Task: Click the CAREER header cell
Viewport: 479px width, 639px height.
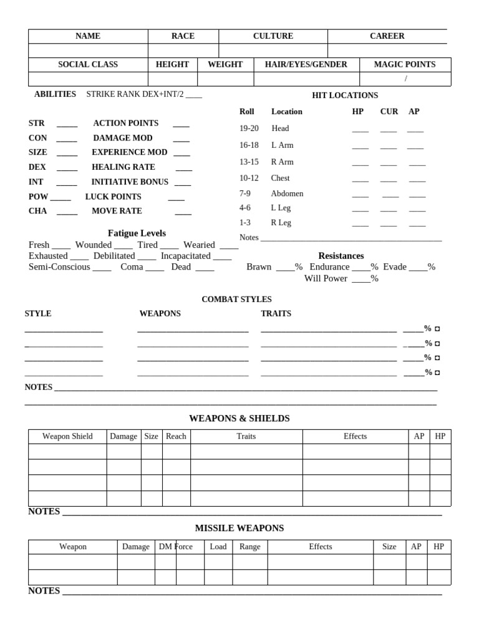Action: [x=387, y=36]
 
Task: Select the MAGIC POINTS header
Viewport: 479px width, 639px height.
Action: [x=404, y=64]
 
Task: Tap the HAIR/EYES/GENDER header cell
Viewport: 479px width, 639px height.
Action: [x=306, y=64]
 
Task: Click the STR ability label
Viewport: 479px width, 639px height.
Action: [x=36, y=124]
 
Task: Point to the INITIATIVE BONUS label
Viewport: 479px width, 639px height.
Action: [x=130, y=182]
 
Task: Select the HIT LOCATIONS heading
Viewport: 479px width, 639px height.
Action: [x=345, y=95]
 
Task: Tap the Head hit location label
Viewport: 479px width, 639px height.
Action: [x=280, y=129]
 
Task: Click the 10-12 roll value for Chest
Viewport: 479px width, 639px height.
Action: [x=248, y=178]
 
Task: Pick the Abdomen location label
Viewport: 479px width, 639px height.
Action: [x=287, y=194]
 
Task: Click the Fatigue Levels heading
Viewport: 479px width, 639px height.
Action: [x=137, y=233]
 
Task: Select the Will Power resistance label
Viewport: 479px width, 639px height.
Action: [x=326, y=278]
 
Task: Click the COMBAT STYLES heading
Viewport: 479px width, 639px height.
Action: [x=236, y=300]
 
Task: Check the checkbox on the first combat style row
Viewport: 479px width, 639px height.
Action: [x=437, y=329]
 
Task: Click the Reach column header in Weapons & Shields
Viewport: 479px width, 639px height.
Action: [x=176, y=436]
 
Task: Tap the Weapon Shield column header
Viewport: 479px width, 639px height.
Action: [x=67, y=436]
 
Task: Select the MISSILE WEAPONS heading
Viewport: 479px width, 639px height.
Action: [x=239, y=528]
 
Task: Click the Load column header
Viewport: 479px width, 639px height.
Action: [x=218, y=547]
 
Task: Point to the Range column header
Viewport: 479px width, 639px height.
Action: [x=249, y=547]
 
